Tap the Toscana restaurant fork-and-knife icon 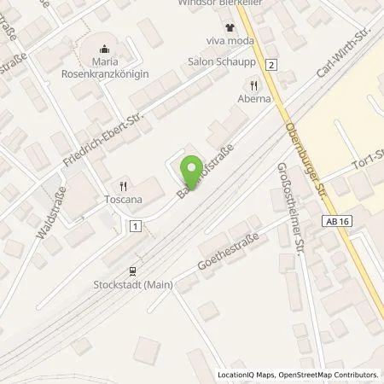[124, 185]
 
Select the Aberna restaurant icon [253, 84]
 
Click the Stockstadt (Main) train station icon [133, 271]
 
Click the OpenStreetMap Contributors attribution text [328, 375]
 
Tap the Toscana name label [125, 199]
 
